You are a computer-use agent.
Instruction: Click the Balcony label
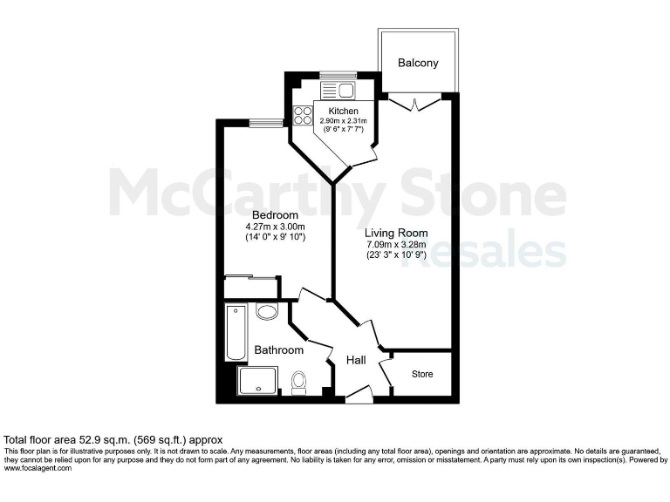(x=418, y=64)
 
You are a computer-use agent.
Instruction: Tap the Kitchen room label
(x=343, y=112)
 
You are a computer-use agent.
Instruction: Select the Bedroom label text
(x=275, y=215)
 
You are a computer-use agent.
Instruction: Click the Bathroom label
(x=278, y=350)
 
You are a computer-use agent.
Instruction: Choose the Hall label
(x=355, y=360)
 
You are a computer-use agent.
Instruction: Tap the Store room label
(x=422, y=374)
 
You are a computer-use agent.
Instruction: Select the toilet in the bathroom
(x=299, y=382)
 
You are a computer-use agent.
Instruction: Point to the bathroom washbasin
(x=267, y=312)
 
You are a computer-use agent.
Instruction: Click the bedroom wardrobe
(x=251, y=286)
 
